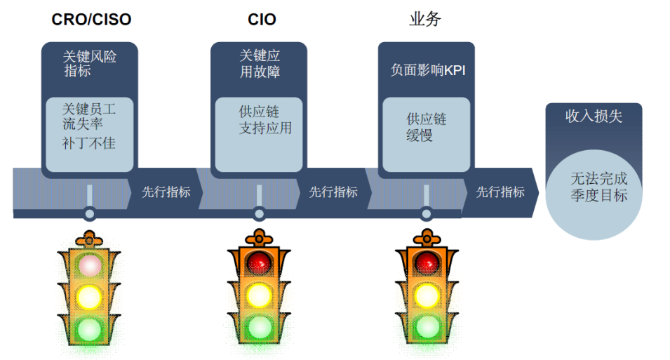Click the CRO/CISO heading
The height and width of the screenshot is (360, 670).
point(91,20)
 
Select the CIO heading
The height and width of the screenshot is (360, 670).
point(262,20)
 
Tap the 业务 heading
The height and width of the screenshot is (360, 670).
point(424,19)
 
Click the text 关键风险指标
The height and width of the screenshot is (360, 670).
point(89,64)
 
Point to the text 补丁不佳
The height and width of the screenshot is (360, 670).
point(89,142)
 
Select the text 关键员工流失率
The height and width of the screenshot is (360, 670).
point(89,116)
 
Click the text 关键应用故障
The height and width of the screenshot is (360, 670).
point(260,63)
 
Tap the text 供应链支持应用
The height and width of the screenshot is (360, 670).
point(265,120)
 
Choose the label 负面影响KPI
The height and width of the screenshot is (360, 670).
point(428,70)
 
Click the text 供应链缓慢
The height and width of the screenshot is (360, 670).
point(426,127)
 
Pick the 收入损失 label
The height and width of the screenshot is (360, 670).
point(594,116)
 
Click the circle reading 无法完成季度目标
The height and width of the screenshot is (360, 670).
point(594,194)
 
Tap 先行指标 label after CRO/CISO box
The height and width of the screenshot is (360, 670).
point(166,192)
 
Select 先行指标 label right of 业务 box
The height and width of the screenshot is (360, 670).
point(500,192)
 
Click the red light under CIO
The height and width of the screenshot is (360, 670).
point(259,262)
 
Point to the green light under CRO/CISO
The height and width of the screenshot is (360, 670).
point(89,329)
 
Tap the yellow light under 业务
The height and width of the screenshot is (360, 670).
point(427,295)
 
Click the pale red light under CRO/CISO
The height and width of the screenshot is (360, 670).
point(89,265)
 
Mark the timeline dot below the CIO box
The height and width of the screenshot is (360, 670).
point(259,213)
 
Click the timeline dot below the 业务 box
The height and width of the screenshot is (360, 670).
point(426,213)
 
